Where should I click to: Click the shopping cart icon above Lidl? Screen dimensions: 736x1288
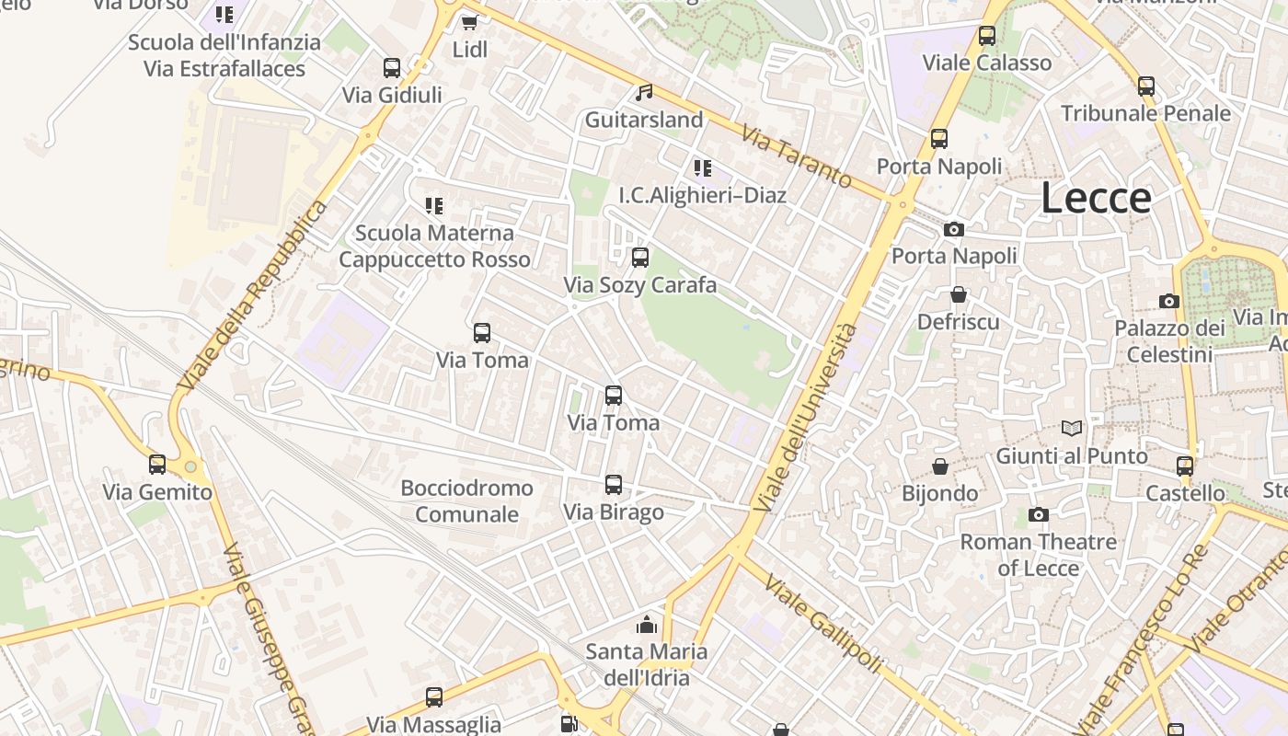469,22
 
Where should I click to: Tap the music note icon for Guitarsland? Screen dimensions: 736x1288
644,93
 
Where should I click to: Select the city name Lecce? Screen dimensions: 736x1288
1096,198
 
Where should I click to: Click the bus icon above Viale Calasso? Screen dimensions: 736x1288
987,37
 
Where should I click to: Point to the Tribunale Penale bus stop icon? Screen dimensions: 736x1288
1145,86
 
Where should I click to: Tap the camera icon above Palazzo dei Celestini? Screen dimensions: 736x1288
1169,301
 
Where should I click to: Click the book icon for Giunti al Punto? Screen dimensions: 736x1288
1072,428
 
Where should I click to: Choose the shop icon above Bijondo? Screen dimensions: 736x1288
939,466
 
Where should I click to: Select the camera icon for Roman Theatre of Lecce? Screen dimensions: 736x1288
1039,514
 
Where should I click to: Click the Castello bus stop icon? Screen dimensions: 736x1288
1185,466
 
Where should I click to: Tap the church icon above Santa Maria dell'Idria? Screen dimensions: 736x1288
647,625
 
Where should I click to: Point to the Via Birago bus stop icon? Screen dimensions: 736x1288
613,485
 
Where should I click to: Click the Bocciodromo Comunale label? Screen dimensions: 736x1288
466,500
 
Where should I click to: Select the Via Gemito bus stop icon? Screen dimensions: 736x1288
157,465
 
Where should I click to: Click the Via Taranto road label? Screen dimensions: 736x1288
797,157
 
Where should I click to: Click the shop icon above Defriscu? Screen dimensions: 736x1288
959,294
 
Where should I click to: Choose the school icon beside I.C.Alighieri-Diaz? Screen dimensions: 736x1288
702,168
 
